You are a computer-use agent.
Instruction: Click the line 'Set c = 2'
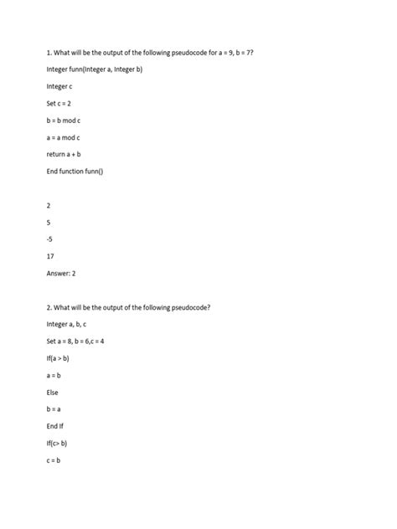(59, 103)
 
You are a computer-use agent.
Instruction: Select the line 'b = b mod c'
(64, 121)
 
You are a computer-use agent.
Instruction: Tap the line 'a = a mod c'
(64, 137)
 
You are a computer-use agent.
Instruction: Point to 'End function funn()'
(75, 172)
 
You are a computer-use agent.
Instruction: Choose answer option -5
(50, 239)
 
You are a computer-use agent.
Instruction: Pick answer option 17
(51, 256)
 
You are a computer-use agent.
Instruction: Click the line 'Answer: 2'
(62, 274)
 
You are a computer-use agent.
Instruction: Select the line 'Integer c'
(59, 86)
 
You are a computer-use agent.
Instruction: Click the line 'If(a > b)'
(59, 358)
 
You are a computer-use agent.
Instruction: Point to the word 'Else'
(53, 392)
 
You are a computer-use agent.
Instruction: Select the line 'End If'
(55, 426)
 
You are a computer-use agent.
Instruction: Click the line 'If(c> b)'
(57, 443)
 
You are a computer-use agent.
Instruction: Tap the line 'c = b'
(54, 460)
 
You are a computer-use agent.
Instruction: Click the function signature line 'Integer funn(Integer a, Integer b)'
(95, 69)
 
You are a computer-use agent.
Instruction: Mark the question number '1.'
(49, 52)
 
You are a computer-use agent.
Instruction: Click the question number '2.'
(49, 307)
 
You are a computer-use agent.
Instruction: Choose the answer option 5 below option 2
(49, 223)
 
